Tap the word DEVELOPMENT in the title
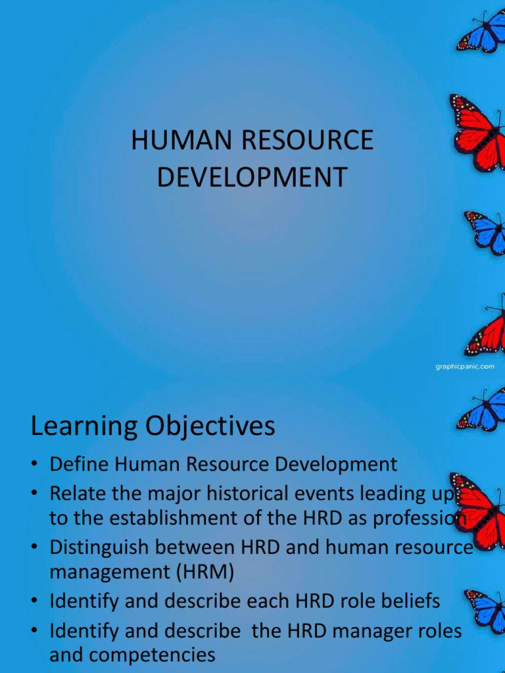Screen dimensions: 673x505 (252, 178)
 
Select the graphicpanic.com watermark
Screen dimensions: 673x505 (465, 367)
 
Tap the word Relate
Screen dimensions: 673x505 (74, 492)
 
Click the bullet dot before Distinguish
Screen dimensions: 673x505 (36, 547)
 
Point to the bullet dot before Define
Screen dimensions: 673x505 (36, 465)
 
